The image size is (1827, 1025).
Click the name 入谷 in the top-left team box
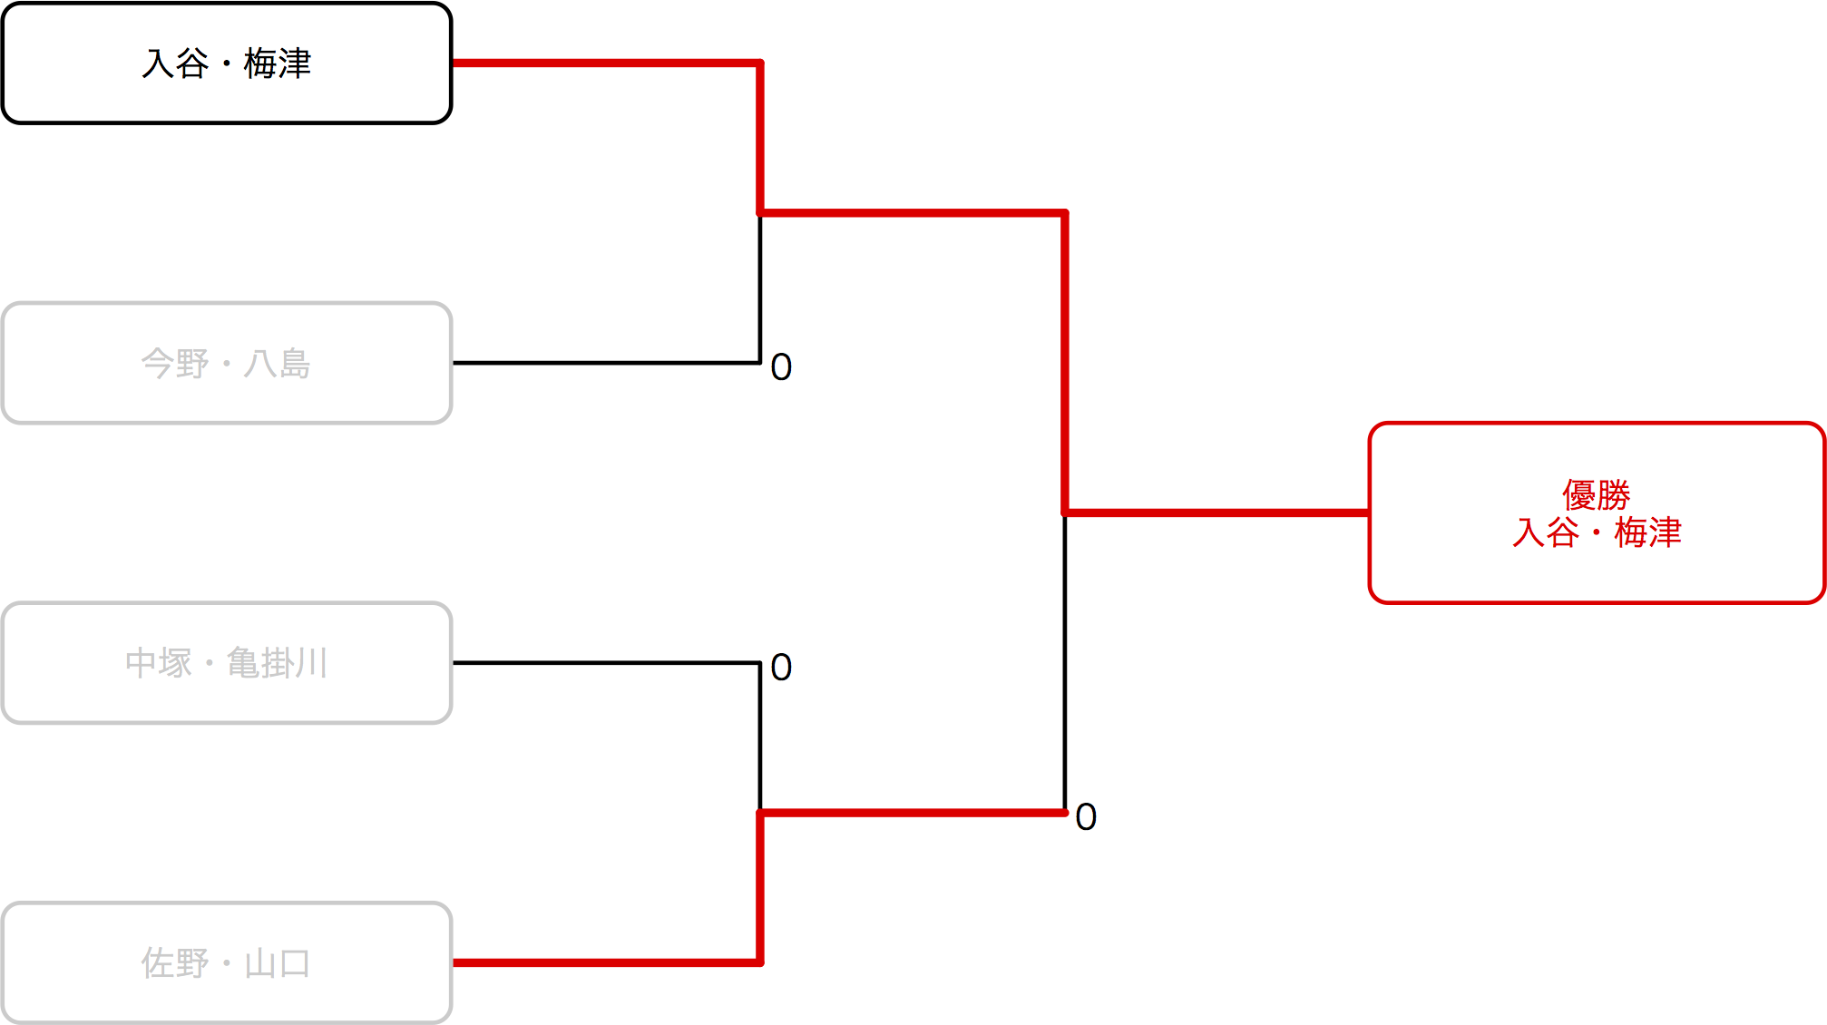pyautogui.click(x=176, y=63)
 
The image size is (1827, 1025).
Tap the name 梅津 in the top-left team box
pyautogui.click(x=278, y=63)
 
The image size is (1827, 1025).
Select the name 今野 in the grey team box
pyautogui.click(x=175, y=364)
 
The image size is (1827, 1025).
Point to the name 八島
pyautogui.click(x=278, y=364)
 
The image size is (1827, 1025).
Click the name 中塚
pyautogui.click(x=159, y=663)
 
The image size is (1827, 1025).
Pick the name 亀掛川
pyautogui.click(x=277, y=663)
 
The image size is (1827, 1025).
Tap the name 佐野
pyautogui.click(x=175, y=963)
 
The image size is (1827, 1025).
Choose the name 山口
pyautogui.click(x=278, y=963)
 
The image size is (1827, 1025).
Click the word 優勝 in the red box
pyautogui.click(x=1596, y=495)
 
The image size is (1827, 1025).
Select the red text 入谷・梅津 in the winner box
pyautogui.click(x=1597, y=532)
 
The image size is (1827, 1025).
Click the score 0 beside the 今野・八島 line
pyautogui.click(x=781, y=367)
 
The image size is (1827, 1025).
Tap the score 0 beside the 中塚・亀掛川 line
pyautogui.click(x=781, y=668)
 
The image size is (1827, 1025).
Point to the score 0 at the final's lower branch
pyautogui.click(x=1086, y=817)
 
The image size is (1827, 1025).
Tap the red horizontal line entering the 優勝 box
pyautogui.click(x=1216, y=512)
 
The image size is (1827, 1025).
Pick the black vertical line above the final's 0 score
pyautogui.click(x=1065, y=662)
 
